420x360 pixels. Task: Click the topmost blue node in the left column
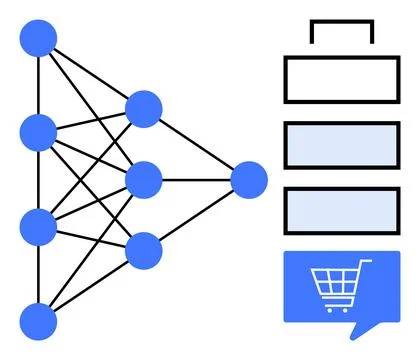[38, 38]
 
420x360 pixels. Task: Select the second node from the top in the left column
[38, 131]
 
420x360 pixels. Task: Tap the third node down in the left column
[38, 226]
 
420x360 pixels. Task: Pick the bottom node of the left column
[38, 320]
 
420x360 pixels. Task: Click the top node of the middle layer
[143, 109]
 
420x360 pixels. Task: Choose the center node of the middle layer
[143, 179]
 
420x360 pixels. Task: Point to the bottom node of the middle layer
[143, 250]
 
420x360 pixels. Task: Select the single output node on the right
[248, 180]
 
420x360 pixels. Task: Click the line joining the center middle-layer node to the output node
[196, 180]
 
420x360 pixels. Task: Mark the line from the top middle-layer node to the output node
[196, 145]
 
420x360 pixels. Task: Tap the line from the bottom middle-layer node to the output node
[196, 215]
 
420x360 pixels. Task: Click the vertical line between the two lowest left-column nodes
[38, 273]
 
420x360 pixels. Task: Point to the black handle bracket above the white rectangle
[341, 23]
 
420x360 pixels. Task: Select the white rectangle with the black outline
[342, 80]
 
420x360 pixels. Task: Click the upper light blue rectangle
[342, 144]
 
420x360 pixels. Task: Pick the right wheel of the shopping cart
[348, 305]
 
